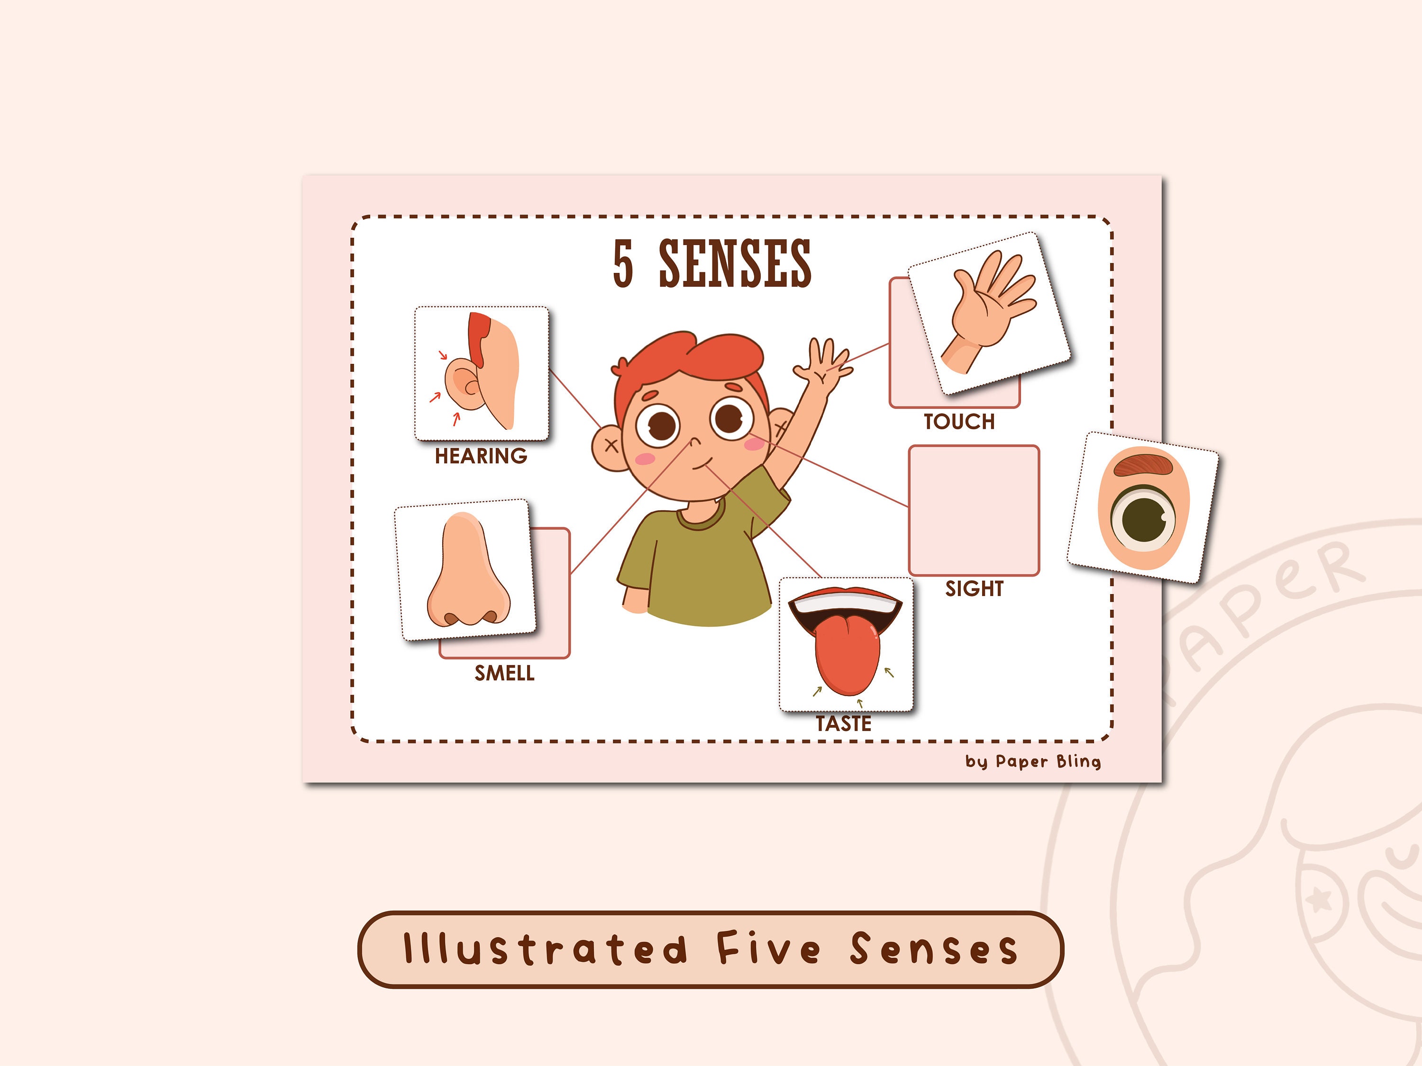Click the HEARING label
(x=481, y=456)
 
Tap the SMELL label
(x=504, y=673)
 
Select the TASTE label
(x=843, y=723)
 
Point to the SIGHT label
(x=974, y=588)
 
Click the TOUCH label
(x=959, y=422)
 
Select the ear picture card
(x=482, y=373)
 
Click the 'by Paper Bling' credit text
(x=1033, y=761)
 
